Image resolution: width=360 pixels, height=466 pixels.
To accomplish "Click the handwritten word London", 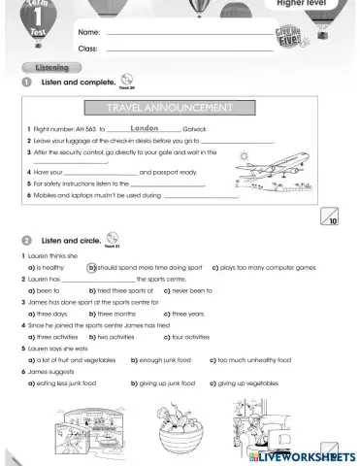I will (x=144, y=127).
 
